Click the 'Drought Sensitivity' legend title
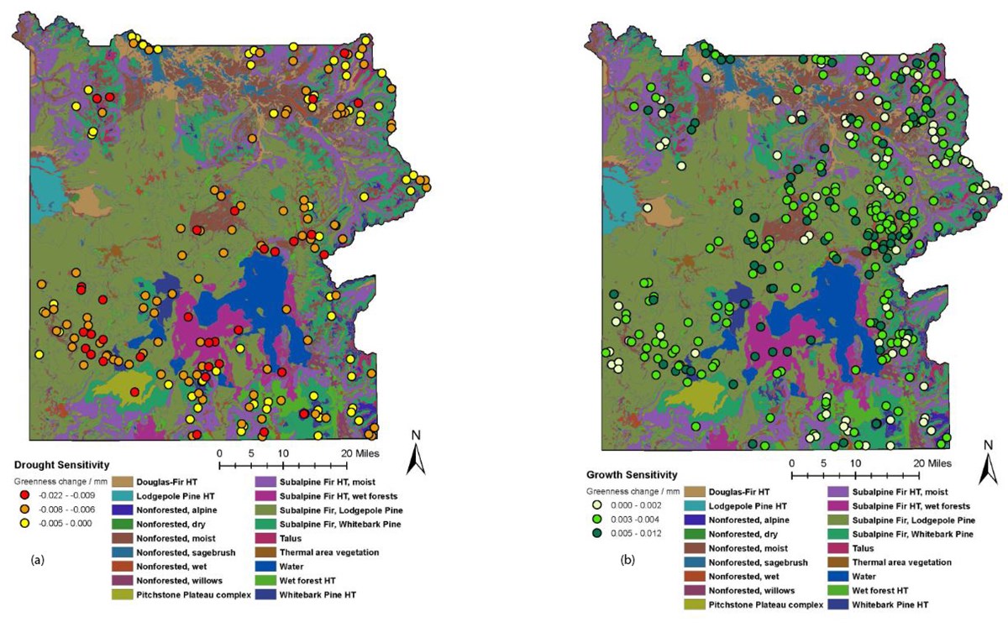[60, 464]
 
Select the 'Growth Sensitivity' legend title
[630, 474]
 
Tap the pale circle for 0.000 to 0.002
[596, 507]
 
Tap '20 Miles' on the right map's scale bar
[932, 463]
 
